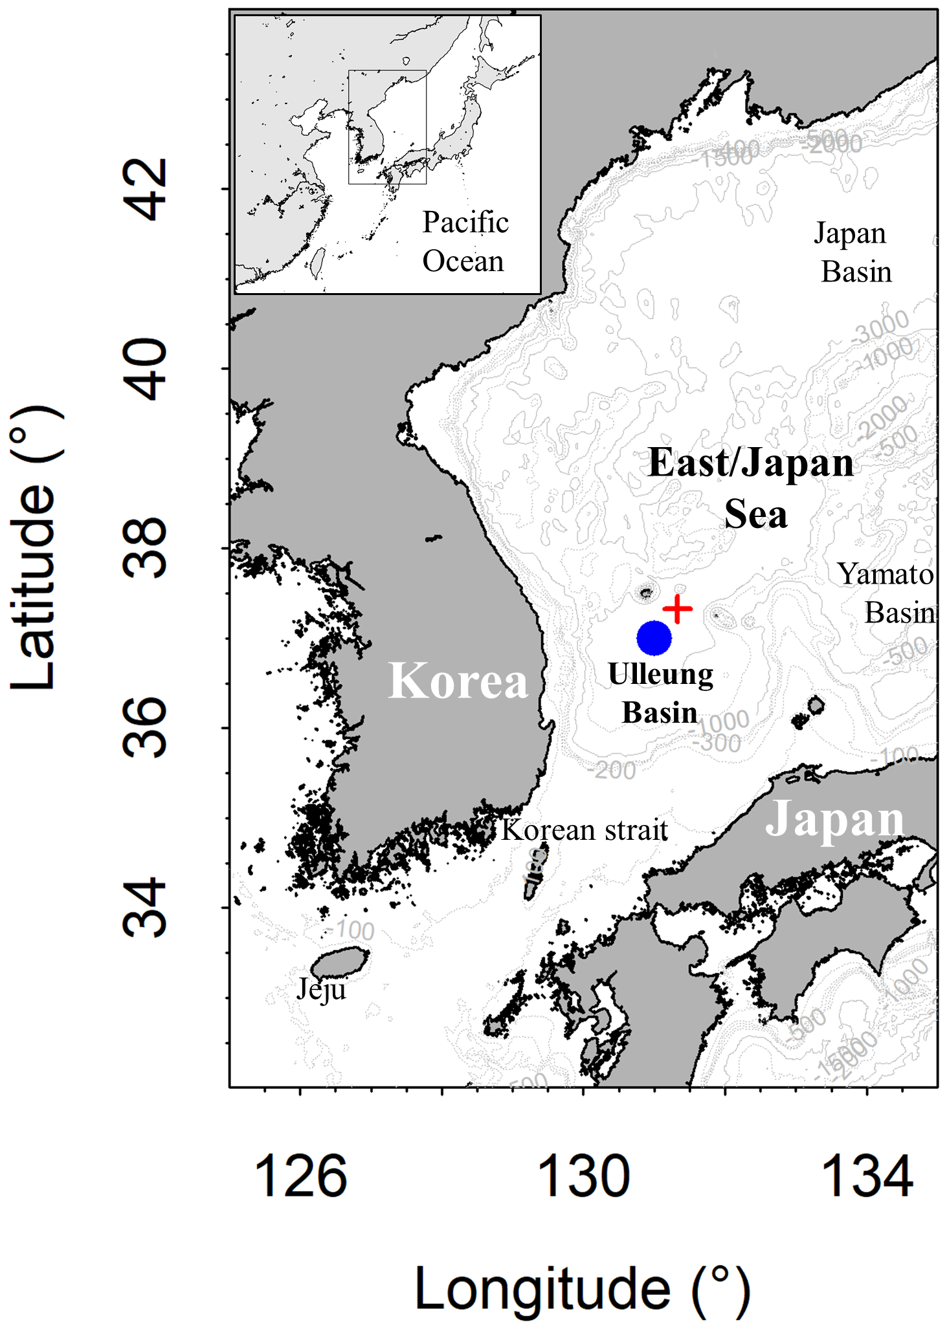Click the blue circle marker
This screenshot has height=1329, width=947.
click(x=654, y=638)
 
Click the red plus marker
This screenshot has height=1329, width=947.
click(x=677, y=609)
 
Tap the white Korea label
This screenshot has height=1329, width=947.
click(x=458, y=681)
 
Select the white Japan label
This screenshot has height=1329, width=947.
click(x=834, y=819)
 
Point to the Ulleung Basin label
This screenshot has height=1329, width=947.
click(x=660, y=694)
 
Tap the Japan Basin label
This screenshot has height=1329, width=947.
click(x=853, y=253)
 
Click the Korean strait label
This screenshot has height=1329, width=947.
click(x=584, y=830)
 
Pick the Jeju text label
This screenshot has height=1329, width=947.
click(x=321, y=989)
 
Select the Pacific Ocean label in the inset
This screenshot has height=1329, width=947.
click(x=465, y=241)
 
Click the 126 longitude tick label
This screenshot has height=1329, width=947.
click(x=301, y=1176)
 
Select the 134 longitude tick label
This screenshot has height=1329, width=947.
click(x=867, y=1176)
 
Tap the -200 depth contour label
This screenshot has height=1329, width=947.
click(x=612, y=770)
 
